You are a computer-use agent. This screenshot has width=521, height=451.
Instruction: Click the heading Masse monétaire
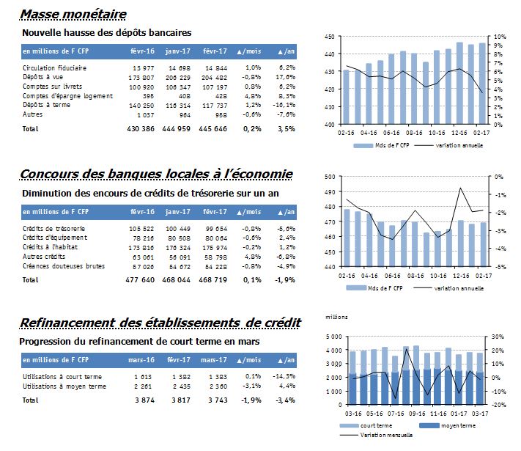point(73,15)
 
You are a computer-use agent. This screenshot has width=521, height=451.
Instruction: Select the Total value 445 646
point(213,129)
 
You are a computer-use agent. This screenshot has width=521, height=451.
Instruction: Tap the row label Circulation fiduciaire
point(54,68)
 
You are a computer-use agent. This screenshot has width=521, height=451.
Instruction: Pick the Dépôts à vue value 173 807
point(141,78)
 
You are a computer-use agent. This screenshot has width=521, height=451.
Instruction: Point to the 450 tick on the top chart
point(329,37)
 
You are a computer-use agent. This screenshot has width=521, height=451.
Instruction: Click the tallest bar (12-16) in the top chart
point(459,83)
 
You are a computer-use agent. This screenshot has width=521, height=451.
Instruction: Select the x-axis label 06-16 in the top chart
point(391,133)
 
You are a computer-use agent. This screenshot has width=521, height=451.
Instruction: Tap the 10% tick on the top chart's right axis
point(500,37)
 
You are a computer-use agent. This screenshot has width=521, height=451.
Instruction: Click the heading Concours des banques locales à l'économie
point(156,174)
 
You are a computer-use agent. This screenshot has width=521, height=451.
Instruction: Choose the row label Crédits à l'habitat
point(50,247)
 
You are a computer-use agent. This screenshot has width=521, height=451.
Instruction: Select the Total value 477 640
point(140,279)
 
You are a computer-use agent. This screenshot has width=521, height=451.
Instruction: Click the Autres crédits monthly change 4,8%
point(254,257)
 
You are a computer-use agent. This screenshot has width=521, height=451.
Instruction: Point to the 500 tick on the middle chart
point(330,177)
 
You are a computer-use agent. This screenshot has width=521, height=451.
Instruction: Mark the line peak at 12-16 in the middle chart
point(460,188)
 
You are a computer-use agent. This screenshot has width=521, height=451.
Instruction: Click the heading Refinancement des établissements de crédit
point(160,323)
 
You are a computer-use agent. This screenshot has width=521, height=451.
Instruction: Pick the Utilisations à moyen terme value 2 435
point(182,386)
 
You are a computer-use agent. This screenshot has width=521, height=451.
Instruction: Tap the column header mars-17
point(214,360)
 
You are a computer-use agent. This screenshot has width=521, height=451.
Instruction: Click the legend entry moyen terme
point(458,425)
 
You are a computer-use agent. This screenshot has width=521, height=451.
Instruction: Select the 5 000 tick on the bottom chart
point(334,337)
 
